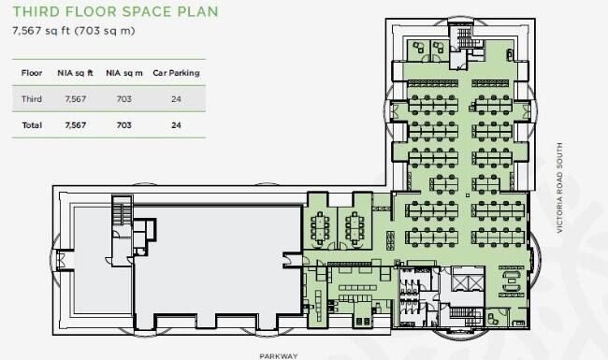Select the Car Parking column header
(176, 72)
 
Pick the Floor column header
(32, 72)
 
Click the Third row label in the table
(32, 97)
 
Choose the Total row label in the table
(32, 123)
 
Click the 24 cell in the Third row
(176, 97)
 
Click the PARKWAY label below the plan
(279, 355)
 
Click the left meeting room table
(323, 225)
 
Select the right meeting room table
(355, 225)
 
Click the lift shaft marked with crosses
(463, 279)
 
